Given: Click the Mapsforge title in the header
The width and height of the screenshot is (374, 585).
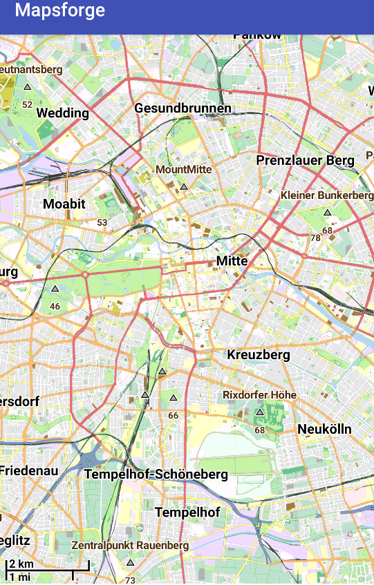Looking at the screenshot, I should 60,10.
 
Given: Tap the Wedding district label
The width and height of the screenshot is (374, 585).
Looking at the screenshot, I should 63,113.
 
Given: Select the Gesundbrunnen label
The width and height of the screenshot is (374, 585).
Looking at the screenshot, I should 183,109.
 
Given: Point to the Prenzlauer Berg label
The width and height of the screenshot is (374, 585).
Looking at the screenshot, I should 305,161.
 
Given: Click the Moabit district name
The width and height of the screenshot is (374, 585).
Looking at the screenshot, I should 64,204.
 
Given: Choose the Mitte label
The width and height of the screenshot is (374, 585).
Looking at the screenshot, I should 232,261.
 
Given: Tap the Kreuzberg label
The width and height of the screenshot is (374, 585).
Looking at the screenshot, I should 259,355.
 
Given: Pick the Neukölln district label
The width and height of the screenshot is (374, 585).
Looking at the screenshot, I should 324,430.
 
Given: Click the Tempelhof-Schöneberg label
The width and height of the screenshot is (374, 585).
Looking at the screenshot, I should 156,475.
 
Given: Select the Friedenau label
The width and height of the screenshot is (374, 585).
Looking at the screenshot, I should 29,471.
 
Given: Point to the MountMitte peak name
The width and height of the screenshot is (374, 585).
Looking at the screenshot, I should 184,169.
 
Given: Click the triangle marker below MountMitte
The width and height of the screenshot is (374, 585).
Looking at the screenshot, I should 184,186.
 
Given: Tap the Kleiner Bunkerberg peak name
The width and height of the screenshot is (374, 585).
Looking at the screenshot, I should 327,196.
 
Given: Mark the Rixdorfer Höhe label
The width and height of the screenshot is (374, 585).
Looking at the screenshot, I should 259,395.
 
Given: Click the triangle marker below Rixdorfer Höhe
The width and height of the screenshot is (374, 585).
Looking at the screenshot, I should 260,412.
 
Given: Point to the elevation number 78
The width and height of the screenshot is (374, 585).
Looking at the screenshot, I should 315,238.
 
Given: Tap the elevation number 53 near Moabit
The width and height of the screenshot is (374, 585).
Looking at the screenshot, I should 102,222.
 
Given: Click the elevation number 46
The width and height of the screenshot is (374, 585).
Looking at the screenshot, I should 55,306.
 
